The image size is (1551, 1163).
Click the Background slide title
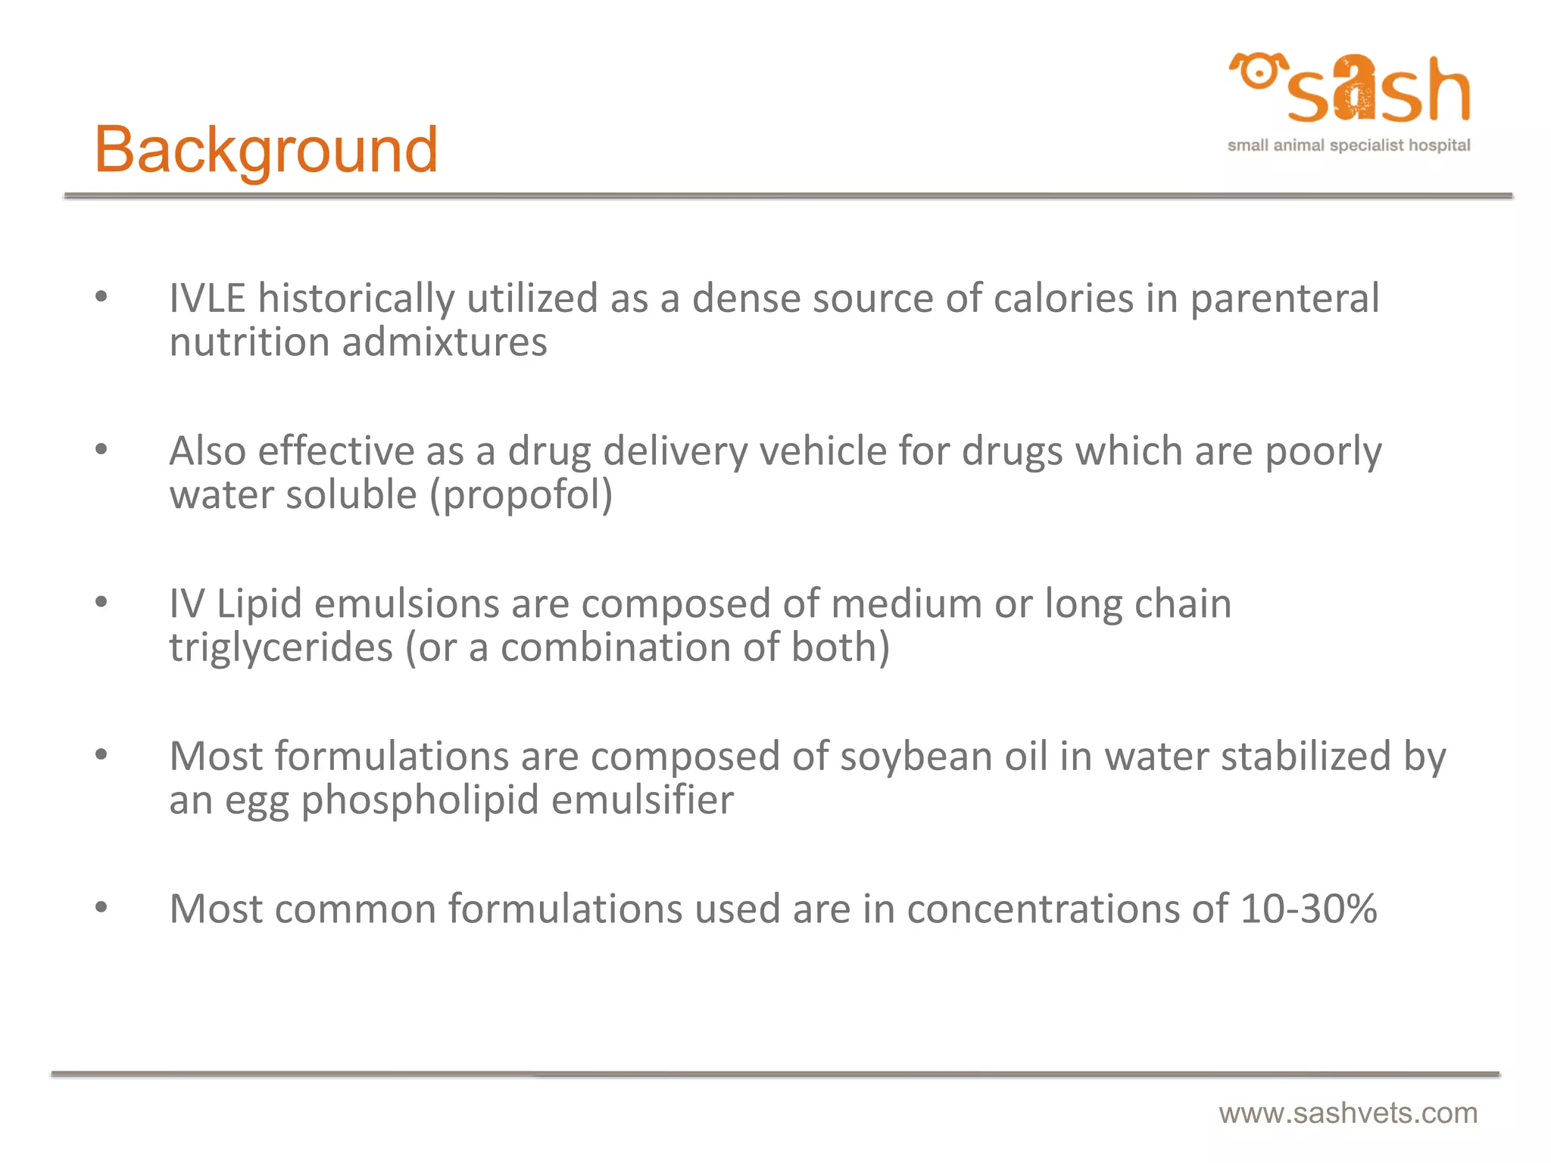click(266, 151)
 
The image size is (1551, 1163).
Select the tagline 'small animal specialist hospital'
click(1348, 145)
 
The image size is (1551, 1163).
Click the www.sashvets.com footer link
click(1348, 1113)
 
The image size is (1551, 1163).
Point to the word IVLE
click(207, 298)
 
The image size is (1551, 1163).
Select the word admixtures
click(444, 342)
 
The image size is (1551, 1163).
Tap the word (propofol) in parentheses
click(521, 496)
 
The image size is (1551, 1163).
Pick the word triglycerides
click(281, 649)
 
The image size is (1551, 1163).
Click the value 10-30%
click(1308, 909)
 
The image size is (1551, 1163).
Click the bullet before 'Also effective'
click(101, 450)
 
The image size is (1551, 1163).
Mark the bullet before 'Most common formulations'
click(101, 907)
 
